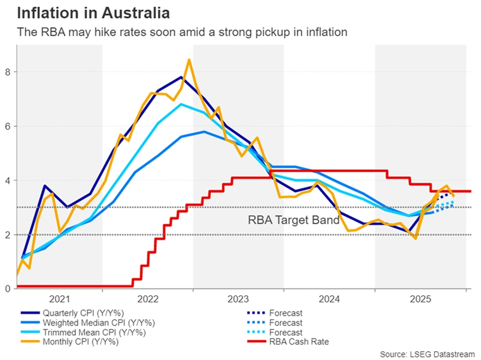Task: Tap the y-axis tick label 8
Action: click(x=8, y=72)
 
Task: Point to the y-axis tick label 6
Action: click(x=8, y=126)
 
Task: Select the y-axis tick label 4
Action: click(x=8, y=180)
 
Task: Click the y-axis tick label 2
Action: click(x=8, y=235)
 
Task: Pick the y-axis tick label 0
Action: click(x=8, y=289)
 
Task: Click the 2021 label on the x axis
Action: click(x=59, y=299)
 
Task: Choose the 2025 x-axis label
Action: click(x=421, y=299)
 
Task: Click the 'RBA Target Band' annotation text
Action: click(x=293, y=219)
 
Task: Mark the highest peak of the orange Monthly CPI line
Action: click(x=189, y=60)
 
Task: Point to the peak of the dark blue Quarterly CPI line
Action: click(x=181, y=77)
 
